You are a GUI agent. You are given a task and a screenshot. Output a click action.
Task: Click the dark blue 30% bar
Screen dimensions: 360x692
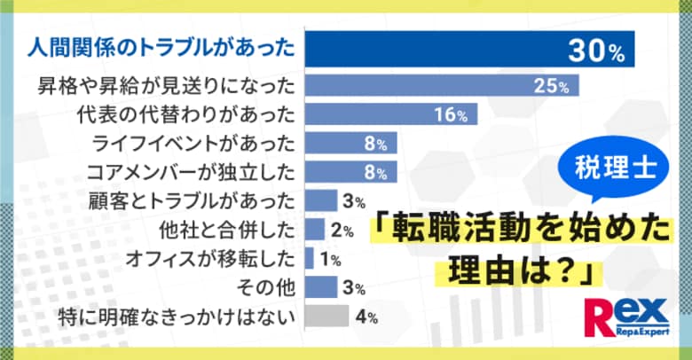tap(470, 50)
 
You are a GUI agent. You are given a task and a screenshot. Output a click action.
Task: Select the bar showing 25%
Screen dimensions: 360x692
tap(442, 85)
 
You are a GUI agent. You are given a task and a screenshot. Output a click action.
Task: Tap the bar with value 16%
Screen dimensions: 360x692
tap(390, 114)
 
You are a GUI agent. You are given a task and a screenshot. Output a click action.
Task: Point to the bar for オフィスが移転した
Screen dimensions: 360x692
tap(310, 258)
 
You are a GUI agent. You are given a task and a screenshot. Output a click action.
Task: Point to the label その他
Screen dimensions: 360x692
tap(268, 287)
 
